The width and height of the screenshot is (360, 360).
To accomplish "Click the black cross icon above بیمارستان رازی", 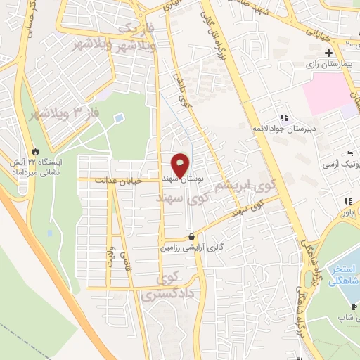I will [328, 53].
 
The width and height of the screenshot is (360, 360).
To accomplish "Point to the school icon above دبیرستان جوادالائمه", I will [284, 117].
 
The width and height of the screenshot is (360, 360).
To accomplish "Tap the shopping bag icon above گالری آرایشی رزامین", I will [192, 238].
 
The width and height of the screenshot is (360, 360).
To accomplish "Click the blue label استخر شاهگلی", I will [345, 275].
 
